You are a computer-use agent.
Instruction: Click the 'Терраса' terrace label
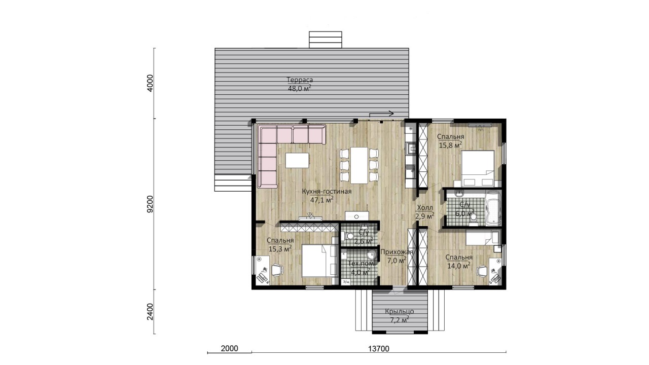[x=300, y=80]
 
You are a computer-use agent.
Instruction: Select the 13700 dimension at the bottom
[x=379, y=349]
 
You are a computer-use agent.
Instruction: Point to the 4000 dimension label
[x=150, y=84]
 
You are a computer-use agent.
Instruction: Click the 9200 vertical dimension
[x=150, y=204]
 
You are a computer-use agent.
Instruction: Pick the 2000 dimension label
[x=230, y=348]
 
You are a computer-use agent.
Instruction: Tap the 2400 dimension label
[x=150, y=312]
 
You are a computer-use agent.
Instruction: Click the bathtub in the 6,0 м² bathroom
[x=493, y=208]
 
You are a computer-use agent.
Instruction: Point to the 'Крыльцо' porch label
[x=399, y=311]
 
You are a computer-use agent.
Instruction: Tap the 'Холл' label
[x=425, y=208]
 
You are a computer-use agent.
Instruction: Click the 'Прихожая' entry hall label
[x=396, y=252]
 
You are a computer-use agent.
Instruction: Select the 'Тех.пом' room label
[x=361, y=264]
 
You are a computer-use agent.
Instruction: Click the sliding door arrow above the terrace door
[x=381, y=115]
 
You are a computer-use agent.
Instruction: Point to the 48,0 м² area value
[x=300, y=88]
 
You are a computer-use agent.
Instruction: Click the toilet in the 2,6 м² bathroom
[x=347, y=236]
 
